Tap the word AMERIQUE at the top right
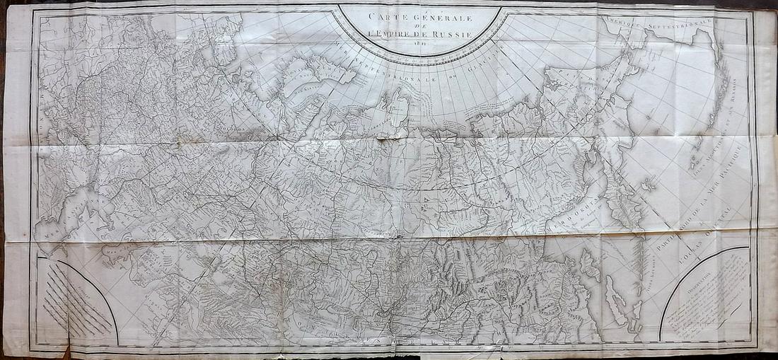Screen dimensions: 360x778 [626, 23]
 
